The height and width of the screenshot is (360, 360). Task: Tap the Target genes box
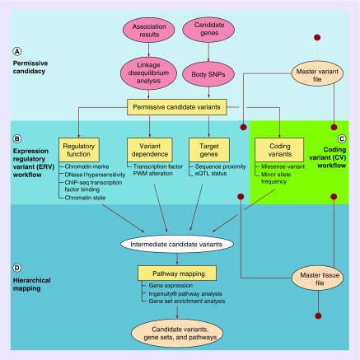(x=207, y=149)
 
